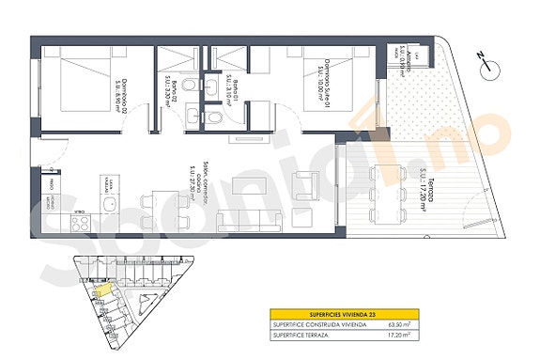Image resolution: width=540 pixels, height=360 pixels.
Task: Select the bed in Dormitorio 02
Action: [77, 84]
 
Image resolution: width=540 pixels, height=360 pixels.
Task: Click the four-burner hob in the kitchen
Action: [79, 222]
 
